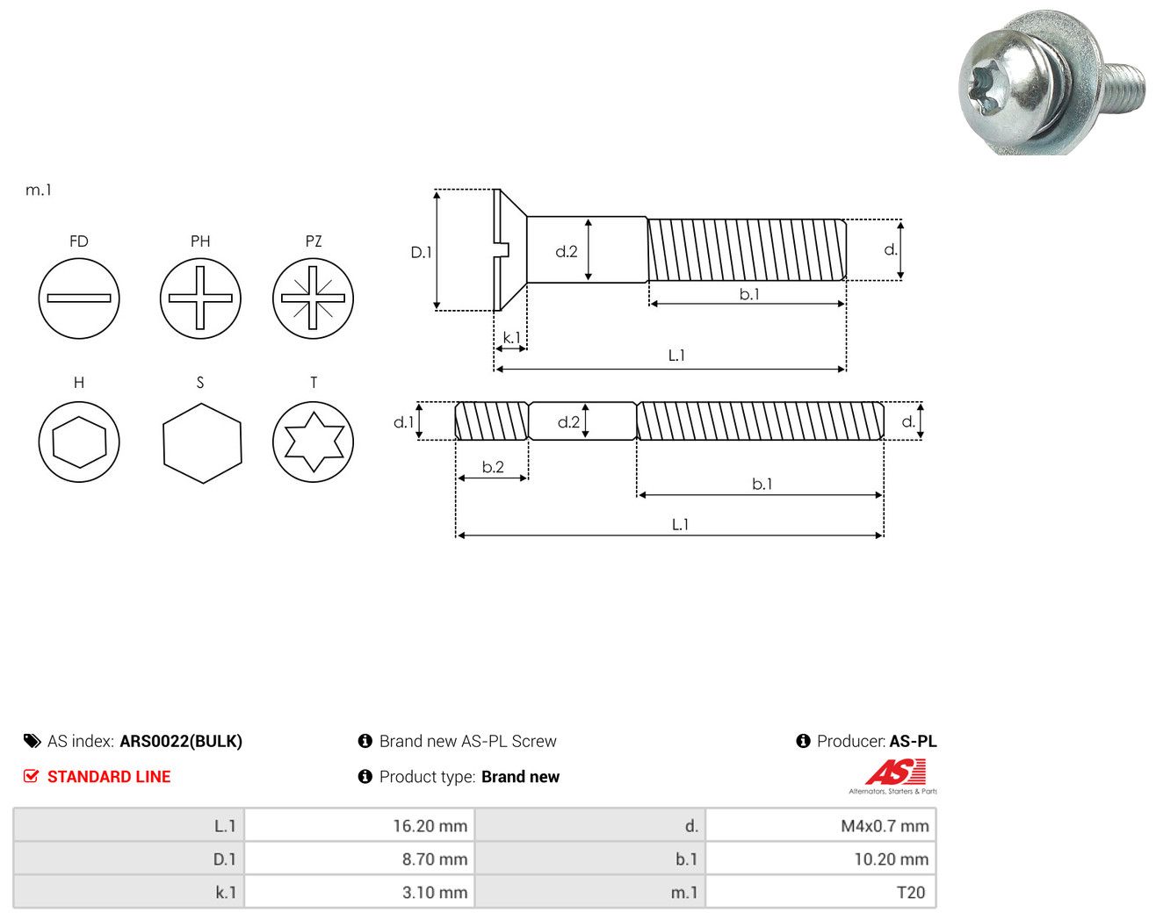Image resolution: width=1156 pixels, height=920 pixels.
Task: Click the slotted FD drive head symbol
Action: click(x=79, y=298)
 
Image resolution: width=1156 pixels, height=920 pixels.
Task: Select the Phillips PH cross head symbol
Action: click(x=200, y=298)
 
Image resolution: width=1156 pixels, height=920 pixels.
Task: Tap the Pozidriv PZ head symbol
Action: click(x=314, y=298)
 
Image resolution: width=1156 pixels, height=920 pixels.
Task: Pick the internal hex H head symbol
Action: click(x=79, y=442)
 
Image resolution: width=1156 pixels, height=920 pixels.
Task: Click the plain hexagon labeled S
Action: click(x=203, y=443)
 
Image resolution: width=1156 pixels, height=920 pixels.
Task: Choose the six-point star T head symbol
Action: click(x=314, y=442)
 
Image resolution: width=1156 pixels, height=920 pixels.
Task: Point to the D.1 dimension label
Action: click(x=421, y=252)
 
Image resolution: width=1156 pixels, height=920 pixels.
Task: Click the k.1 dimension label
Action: click(x=511, y=338)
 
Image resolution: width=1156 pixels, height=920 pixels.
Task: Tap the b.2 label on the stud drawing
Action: click(x=493, y=467)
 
